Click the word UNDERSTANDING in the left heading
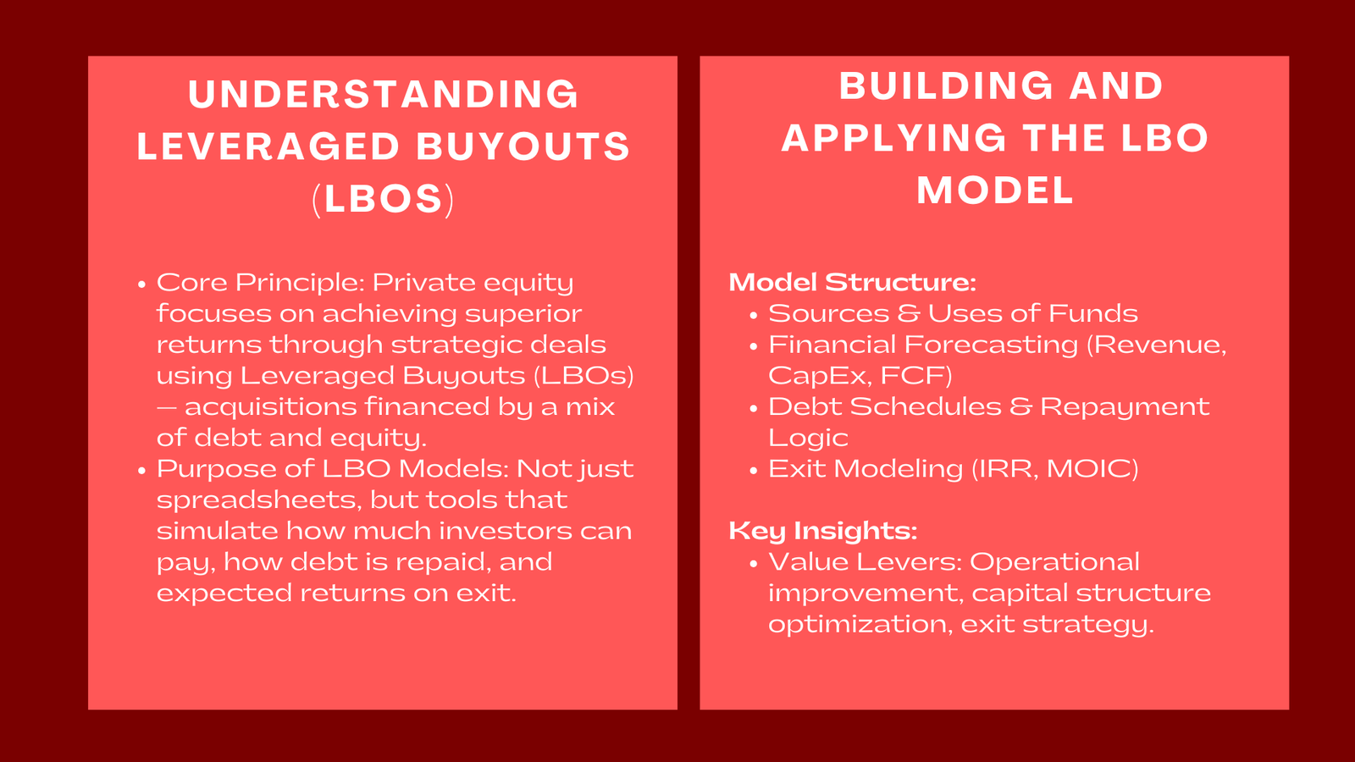[x=384, y=94]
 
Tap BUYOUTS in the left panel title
[x=523, y=146]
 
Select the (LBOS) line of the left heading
[x=384, y=199]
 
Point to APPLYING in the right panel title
[x=893, y=138]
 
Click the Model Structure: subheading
[x=852, y=282]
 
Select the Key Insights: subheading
[x=822, y=531]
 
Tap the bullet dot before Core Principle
[x=141, y=284]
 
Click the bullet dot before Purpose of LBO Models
[x=141, y=470]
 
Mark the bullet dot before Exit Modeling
[x=753, y=470]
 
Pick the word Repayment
[x=1124, y=406]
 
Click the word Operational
[x=1054, y=562]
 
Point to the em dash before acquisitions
[x=167, y=407]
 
